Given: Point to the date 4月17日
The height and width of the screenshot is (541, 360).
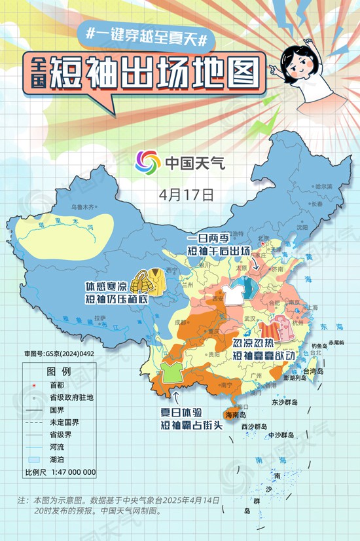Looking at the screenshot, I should pos(187,195).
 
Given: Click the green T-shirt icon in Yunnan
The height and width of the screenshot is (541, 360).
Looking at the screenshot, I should pos(171,371).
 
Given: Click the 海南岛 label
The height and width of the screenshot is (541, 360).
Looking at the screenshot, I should pos(235,415).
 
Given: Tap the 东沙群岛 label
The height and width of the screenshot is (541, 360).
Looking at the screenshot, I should pos(284,402).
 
